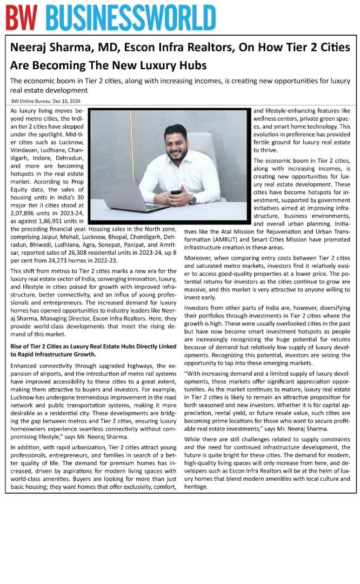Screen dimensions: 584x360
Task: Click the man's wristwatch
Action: pos(193,200)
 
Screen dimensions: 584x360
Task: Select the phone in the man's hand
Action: pos(176,191)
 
